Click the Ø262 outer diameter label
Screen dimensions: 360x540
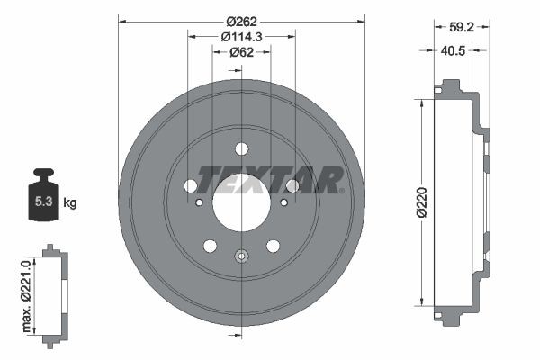tap(241, 21)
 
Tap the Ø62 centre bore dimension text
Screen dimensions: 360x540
tap(241, 52)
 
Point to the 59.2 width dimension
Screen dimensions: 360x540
tap(460, 28)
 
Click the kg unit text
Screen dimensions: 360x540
tap(70, 202)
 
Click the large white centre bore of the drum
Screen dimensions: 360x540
tap(241, 202)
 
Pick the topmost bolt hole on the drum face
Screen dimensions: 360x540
tap(241, 148)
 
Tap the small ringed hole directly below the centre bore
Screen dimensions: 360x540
tap(241, 256)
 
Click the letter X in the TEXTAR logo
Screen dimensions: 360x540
tap(254, 179)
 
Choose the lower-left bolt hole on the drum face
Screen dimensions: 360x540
tap(211, 246)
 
